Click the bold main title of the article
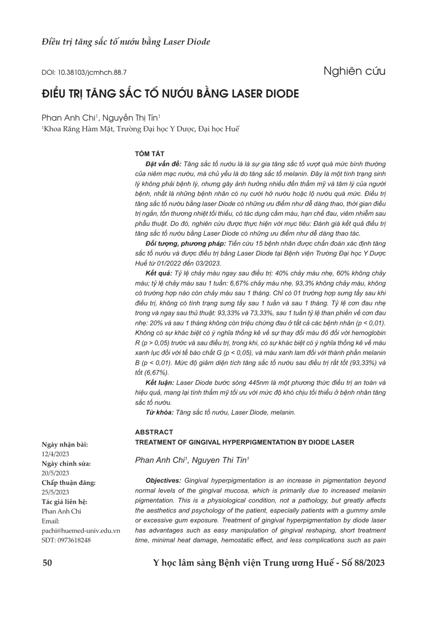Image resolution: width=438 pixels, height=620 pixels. click(x=170, y=94)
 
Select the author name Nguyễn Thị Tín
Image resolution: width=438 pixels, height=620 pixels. click(x=131, y=118)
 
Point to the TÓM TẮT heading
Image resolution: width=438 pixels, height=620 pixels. click(x=149, y=154)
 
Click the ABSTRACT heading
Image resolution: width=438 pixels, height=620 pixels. click(x=154, y=432)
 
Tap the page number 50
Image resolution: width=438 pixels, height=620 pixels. click(x=47, y=562)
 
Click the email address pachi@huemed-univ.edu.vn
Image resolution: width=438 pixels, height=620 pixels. click(x=81, y=531)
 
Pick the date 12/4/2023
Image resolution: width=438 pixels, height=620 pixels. click(x=55, y=454)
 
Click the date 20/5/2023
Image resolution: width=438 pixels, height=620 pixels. click(x=55, y=473)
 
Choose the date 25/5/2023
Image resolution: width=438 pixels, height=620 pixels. click(x=55, y=492)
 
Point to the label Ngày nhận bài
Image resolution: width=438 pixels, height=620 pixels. click(x=65, y=445)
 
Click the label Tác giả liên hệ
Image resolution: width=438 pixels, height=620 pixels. click(x=64, y=502)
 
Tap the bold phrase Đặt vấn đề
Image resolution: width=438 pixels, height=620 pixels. click(x=163, y=164)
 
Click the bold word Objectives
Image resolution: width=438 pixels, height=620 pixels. click(x=163, y=480)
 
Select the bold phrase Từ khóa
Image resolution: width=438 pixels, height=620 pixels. click(x=160, y=412)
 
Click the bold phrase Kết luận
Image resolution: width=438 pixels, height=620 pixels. click(x=160, y=383)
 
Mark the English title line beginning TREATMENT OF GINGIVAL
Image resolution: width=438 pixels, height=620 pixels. click(x=244, y=442)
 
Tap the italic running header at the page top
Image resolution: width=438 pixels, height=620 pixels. click(x=126, y=42)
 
